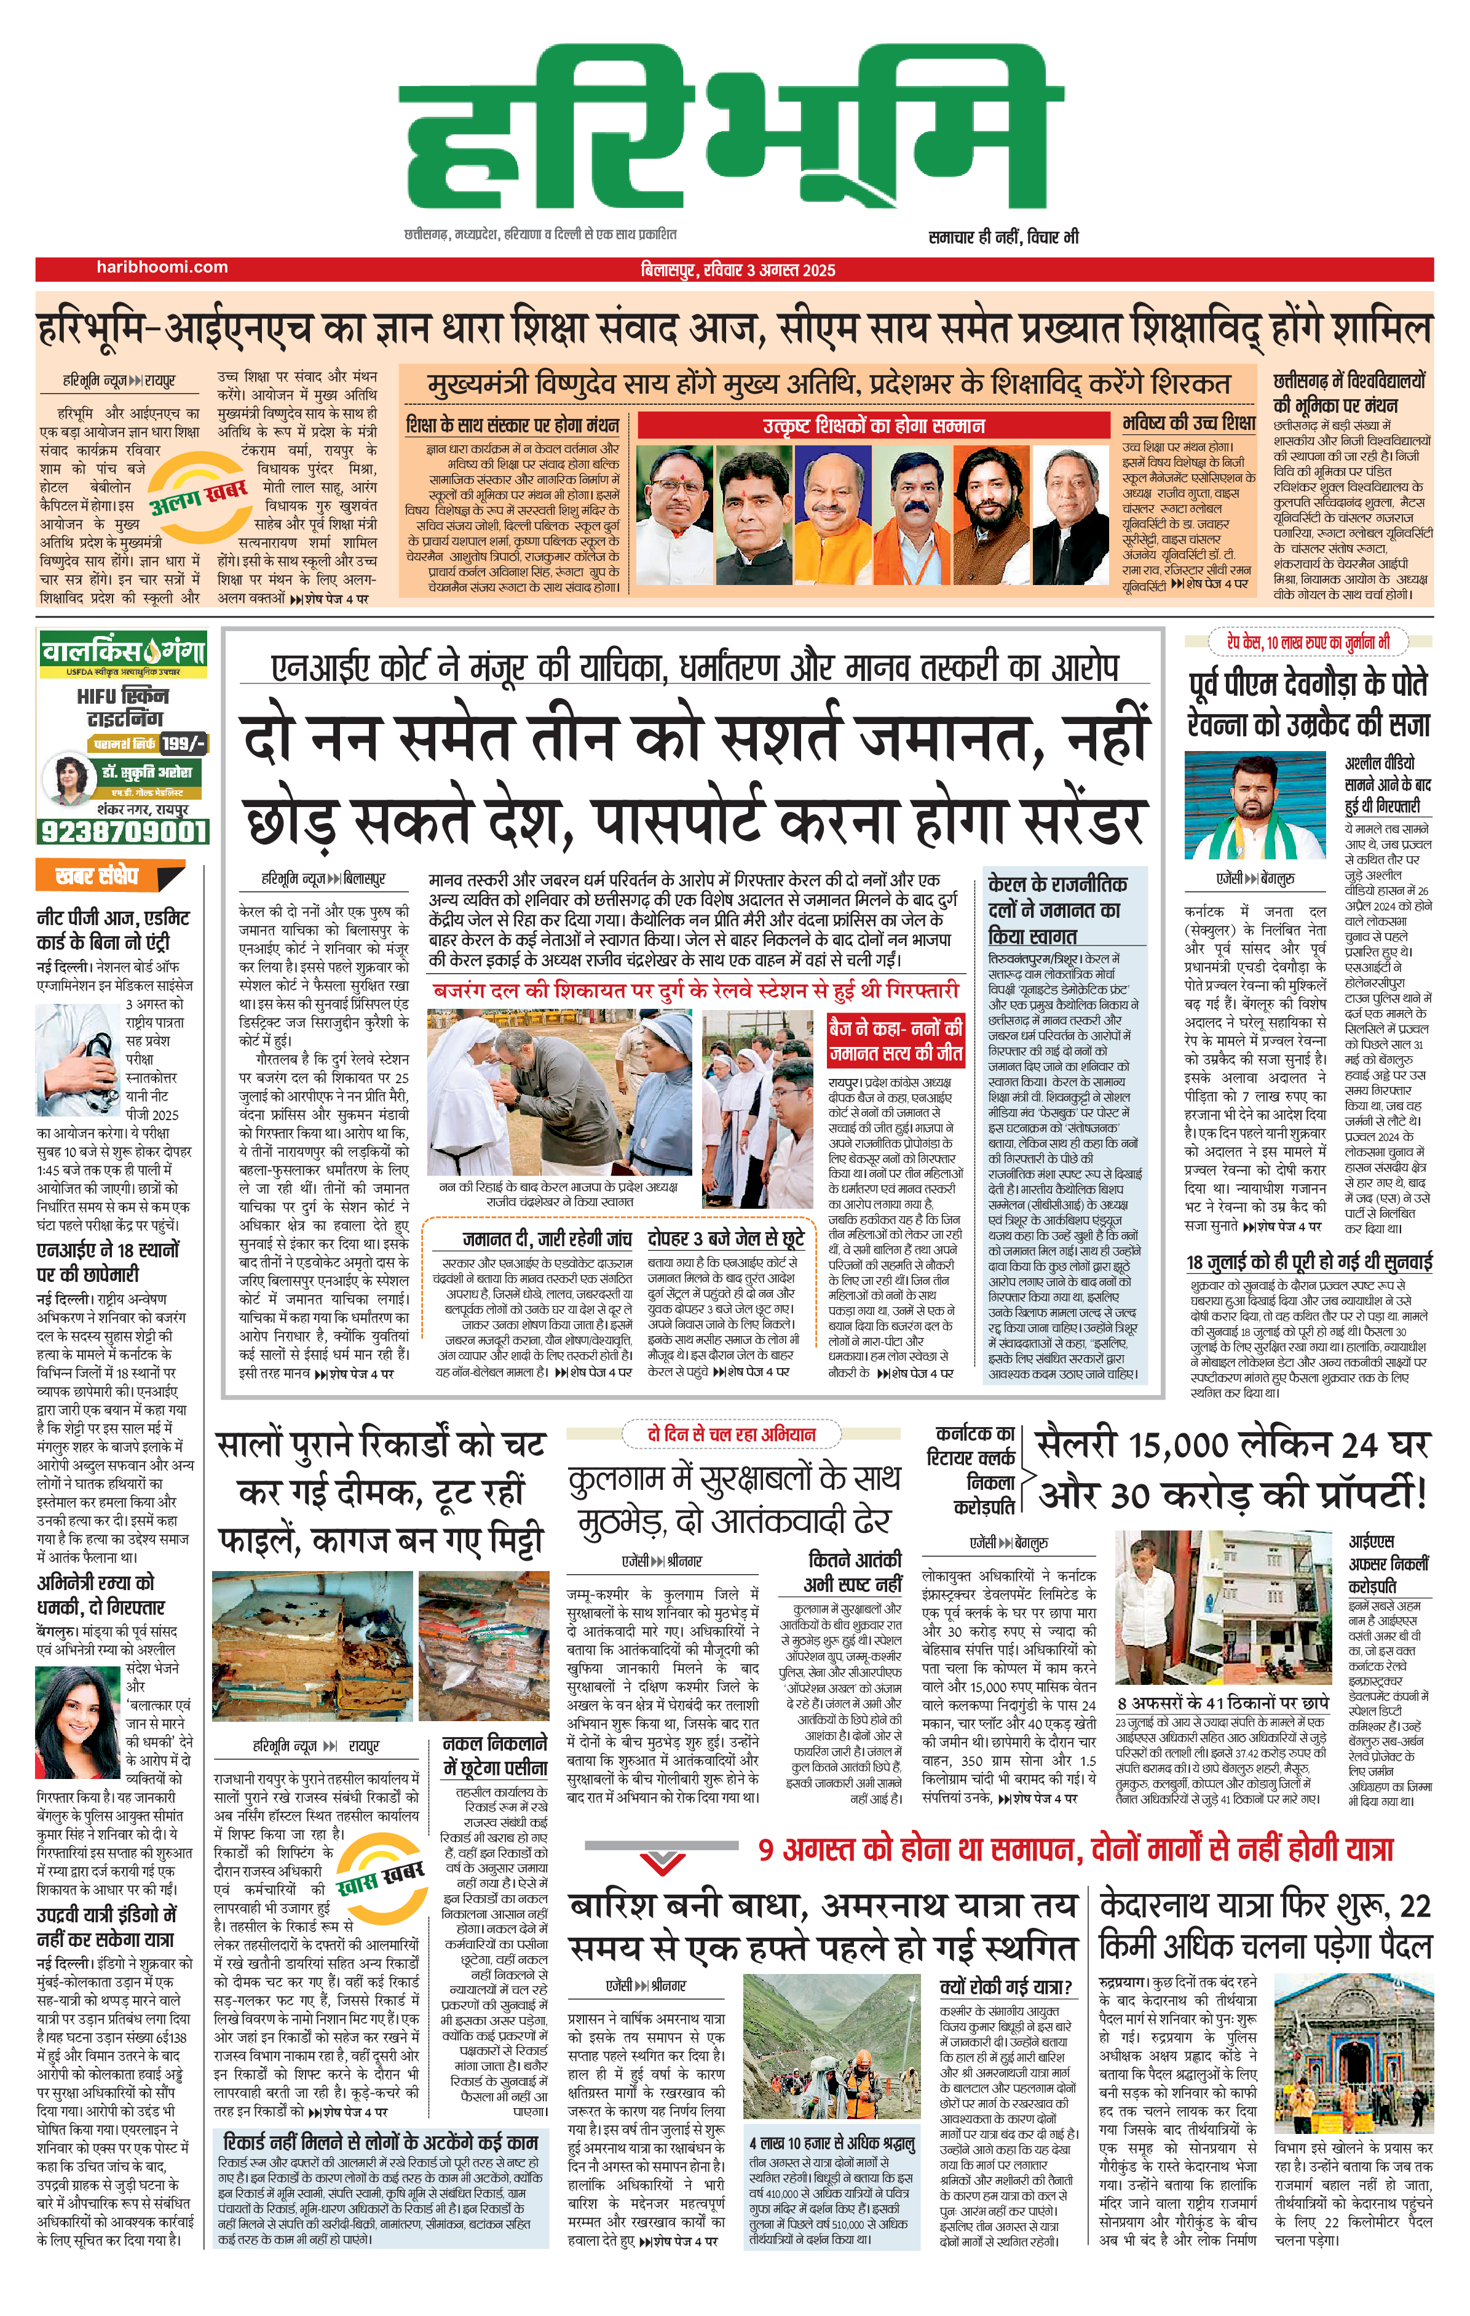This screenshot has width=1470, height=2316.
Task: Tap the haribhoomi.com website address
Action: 162,268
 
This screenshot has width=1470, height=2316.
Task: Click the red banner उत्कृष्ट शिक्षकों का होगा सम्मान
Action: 873,425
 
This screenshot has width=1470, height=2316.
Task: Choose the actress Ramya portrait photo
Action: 77,1722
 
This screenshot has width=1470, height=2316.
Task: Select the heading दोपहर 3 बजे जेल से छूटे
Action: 726,1239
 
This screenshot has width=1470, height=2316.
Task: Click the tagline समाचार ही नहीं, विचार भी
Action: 1003,237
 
